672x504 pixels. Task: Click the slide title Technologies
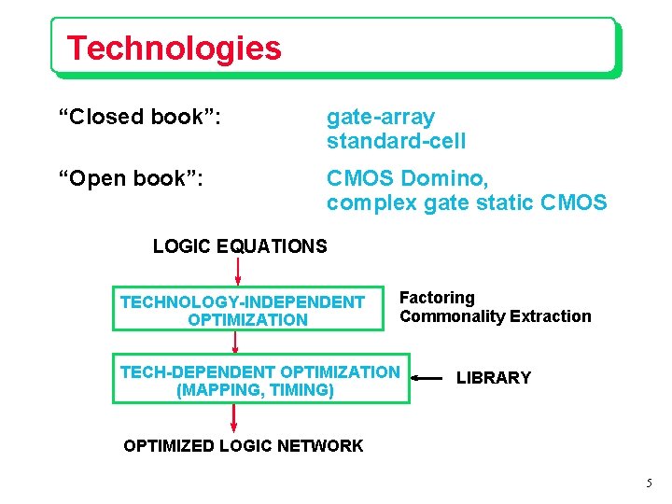[174, 48]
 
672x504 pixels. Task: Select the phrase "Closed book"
[140, 118]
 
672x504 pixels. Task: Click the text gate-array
[380, 118]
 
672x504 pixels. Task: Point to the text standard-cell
[396, 142]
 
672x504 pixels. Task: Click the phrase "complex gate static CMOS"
[466, 202]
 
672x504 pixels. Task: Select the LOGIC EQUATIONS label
[240, 246]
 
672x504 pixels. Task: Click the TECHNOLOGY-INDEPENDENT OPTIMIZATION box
[247, 310]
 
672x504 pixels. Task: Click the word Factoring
[437, 298]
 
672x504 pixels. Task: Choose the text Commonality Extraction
[495, 316]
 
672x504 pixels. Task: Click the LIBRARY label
[493, 378]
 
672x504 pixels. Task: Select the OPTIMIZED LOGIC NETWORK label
[243, 446]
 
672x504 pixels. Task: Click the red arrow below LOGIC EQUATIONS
[238, 271]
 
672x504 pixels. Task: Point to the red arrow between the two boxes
[234, 342]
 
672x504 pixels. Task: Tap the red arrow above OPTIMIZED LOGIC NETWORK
[234, 417]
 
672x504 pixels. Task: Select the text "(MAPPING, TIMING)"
[255, 390]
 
